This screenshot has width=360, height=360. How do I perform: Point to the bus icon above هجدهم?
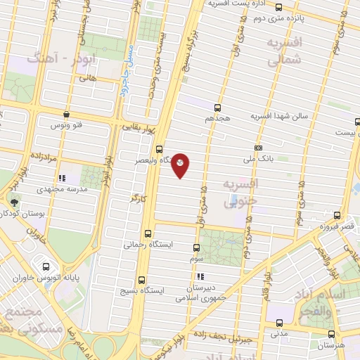pos(217,108)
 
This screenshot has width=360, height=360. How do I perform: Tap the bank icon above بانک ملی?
pos(259,148)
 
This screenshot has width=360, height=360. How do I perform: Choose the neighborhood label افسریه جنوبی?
pos(241,193)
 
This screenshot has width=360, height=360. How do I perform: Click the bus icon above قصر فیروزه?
pos(338,215)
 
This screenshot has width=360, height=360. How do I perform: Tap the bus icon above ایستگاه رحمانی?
pos(148,234)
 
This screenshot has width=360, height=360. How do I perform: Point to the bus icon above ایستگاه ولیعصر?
pos(160,149)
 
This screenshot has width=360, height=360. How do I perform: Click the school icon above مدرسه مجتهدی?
pos(62,179)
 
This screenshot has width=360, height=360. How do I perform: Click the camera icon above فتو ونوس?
pos(66,114)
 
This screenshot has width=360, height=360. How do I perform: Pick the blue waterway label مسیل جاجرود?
pos(128,68)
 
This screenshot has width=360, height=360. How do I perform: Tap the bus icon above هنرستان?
pos(331,334)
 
